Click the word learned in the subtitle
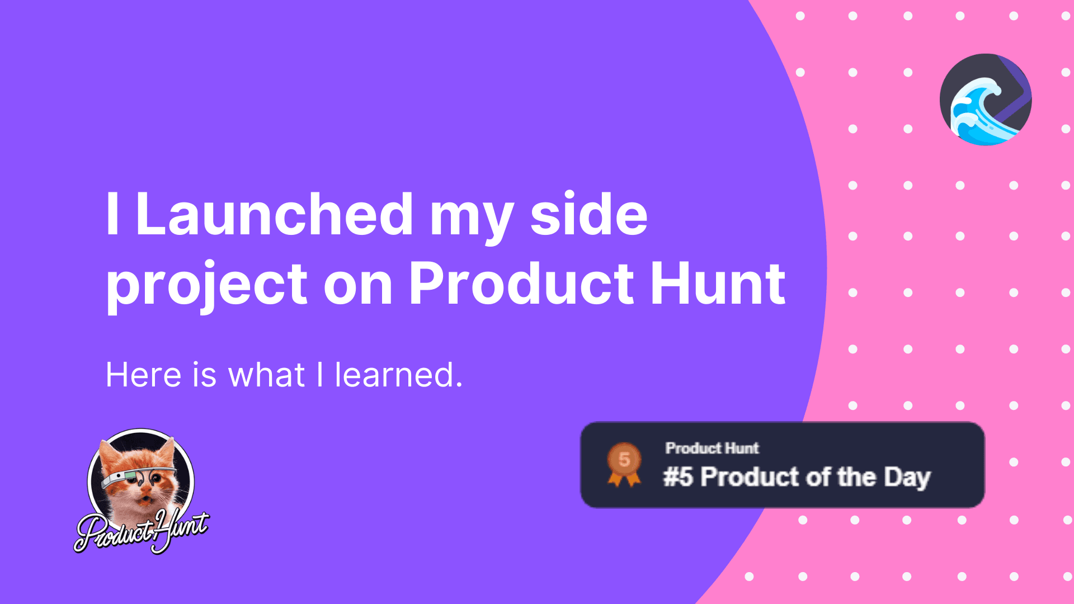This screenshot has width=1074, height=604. coord(398,375)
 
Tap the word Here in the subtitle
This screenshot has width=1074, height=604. coord(143,375)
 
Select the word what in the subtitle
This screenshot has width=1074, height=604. coord(266,375)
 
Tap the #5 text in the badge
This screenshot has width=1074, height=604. coord(678,478)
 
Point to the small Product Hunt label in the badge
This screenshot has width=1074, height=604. coord(712,448)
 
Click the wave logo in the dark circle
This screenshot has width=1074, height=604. coord(985,100)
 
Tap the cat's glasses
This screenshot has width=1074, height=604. coord(134,477)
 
